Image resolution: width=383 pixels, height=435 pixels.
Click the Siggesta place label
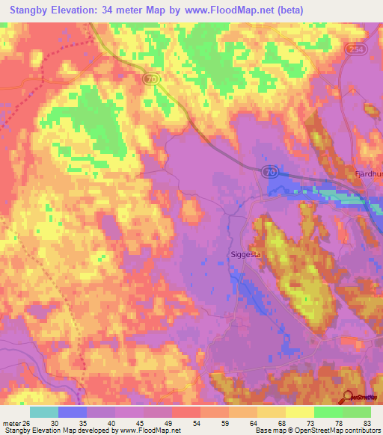pos(244,254)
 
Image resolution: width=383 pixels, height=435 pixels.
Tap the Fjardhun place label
pos(367,173)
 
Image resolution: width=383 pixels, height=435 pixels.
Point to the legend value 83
pos(365,422)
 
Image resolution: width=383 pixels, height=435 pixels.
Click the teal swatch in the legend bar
pos(44,412)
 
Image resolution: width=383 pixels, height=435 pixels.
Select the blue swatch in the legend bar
pos(73,412)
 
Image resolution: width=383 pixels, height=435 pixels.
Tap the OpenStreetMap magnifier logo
pos(348,397)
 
